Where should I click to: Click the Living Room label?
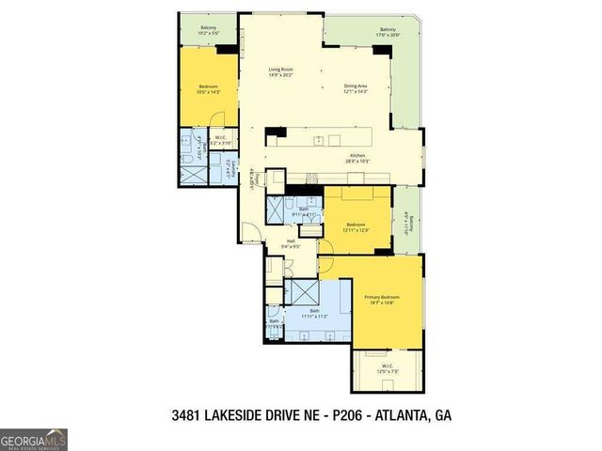(281, 72)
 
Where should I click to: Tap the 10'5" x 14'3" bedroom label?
(209, 89)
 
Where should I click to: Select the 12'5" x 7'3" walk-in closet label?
(387, 366)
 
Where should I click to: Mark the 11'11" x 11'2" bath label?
(314, 313)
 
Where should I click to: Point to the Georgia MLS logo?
(34, 439)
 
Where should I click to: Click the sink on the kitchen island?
(320, 141)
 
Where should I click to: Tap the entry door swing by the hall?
(249, 233)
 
